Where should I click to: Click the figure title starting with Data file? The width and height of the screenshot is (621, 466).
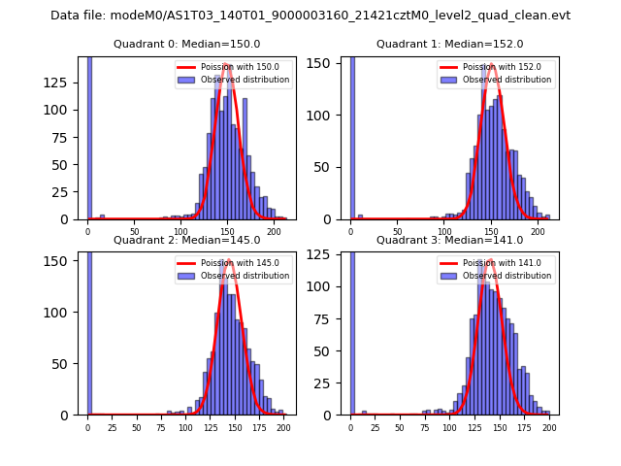pos(310,16)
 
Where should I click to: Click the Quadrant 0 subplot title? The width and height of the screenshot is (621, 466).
pos(186,44)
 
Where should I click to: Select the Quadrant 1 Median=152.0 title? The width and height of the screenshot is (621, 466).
pos(449,44)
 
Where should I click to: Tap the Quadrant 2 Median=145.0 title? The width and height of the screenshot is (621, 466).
pos(186,240)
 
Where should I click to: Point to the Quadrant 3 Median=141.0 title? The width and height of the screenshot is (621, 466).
pos(449,240)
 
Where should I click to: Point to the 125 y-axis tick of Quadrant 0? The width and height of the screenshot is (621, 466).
pos(64,83)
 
